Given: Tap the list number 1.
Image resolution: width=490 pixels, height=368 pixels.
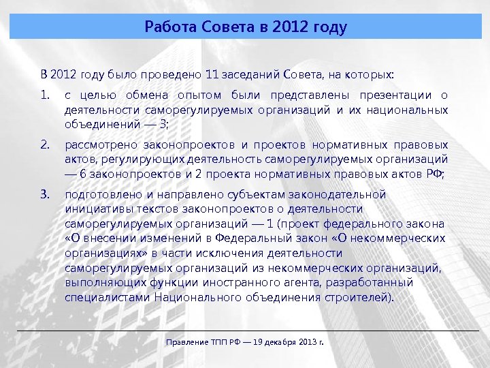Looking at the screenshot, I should tap(45, 94).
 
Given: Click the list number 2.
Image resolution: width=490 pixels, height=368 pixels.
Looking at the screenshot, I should tap(45, 144).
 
